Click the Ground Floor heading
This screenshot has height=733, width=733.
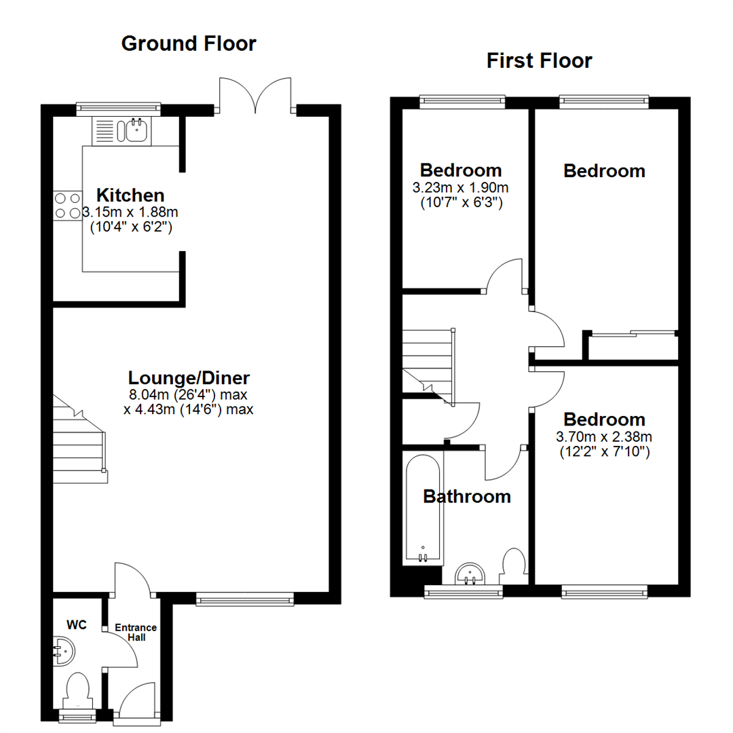click(188, 44)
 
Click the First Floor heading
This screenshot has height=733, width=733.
click(539, 61)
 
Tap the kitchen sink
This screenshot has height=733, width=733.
click(133, 129)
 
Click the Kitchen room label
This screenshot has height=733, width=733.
click(130, 195)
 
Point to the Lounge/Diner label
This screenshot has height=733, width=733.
click(189, 378)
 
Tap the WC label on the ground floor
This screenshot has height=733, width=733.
click(76, 625)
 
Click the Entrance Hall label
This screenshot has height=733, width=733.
click(134, 632)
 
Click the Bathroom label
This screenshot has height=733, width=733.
click(466, 497)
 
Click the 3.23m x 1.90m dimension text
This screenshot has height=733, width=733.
click(461, 187)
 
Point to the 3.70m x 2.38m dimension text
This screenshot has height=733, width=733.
click(604, 436)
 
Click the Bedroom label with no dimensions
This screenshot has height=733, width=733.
click(604, 170)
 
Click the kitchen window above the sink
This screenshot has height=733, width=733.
click(118, 107)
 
